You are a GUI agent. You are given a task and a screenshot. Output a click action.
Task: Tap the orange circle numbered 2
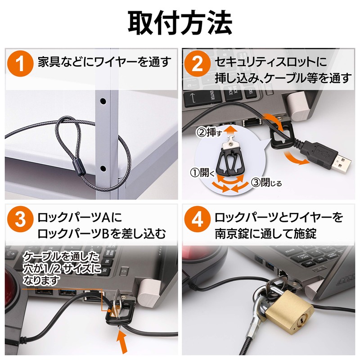[x=198, y=63]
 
